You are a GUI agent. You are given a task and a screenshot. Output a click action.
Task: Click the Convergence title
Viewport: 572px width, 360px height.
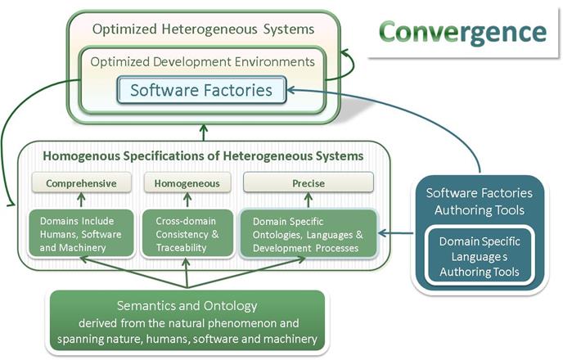[x=462, y=33]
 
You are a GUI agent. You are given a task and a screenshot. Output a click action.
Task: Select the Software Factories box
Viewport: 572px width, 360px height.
[x=201, y=90]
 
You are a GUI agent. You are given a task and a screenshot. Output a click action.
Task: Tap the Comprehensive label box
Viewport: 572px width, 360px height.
[x=81, y=182]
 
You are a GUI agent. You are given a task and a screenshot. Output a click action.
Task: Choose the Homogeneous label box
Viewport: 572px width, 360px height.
[x=187, y=182]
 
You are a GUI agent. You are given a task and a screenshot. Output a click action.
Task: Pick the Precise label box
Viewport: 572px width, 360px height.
[x=309, y=182]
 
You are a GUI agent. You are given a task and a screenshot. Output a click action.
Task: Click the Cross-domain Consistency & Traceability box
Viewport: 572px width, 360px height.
[x=187, y=233]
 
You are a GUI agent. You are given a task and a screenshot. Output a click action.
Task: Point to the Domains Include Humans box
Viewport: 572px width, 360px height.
[x=81, y=233]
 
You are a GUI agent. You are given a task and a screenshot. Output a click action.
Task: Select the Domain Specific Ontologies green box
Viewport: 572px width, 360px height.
[x=309, y=234]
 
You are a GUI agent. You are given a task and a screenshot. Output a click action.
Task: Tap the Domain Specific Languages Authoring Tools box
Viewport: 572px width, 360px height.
[x=480, y=256]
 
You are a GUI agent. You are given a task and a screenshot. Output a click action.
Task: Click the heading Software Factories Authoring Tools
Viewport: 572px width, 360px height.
[x=480, y=201]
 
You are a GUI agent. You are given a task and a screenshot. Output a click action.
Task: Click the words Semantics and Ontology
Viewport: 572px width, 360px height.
[x=187, y=305]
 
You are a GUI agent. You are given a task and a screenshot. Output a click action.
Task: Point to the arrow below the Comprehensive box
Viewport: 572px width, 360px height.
[x=81, y=200]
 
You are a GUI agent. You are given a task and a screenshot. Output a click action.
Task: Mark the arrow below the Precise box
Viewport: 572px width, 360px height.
[x=309, y=200]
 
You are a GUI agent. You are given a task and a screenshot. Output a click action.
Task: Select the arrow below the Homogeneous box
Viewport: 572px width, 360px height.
[x=187, y=200]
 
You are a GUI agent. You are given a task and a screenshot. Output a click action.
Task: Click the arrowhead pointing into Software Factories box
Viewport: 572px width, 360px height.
[x=291, y=90]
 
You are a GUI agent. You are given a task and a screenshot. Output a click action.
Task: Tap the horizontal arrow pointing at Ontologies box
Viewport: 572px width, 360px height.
[x=396, y=233]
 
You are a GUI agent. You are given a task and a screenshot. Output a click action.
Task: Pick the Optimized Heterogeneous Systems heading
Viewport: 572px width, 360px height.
[x=203, y=29]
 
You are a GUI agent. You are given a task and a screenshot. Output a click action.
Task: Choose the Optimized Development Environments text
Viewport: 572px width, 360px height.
[x=202, y=61]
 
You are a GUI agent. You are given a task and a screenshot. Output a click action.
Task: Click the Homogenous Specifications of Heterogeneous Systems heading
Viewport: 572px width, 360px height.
[x=203, y=156]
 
